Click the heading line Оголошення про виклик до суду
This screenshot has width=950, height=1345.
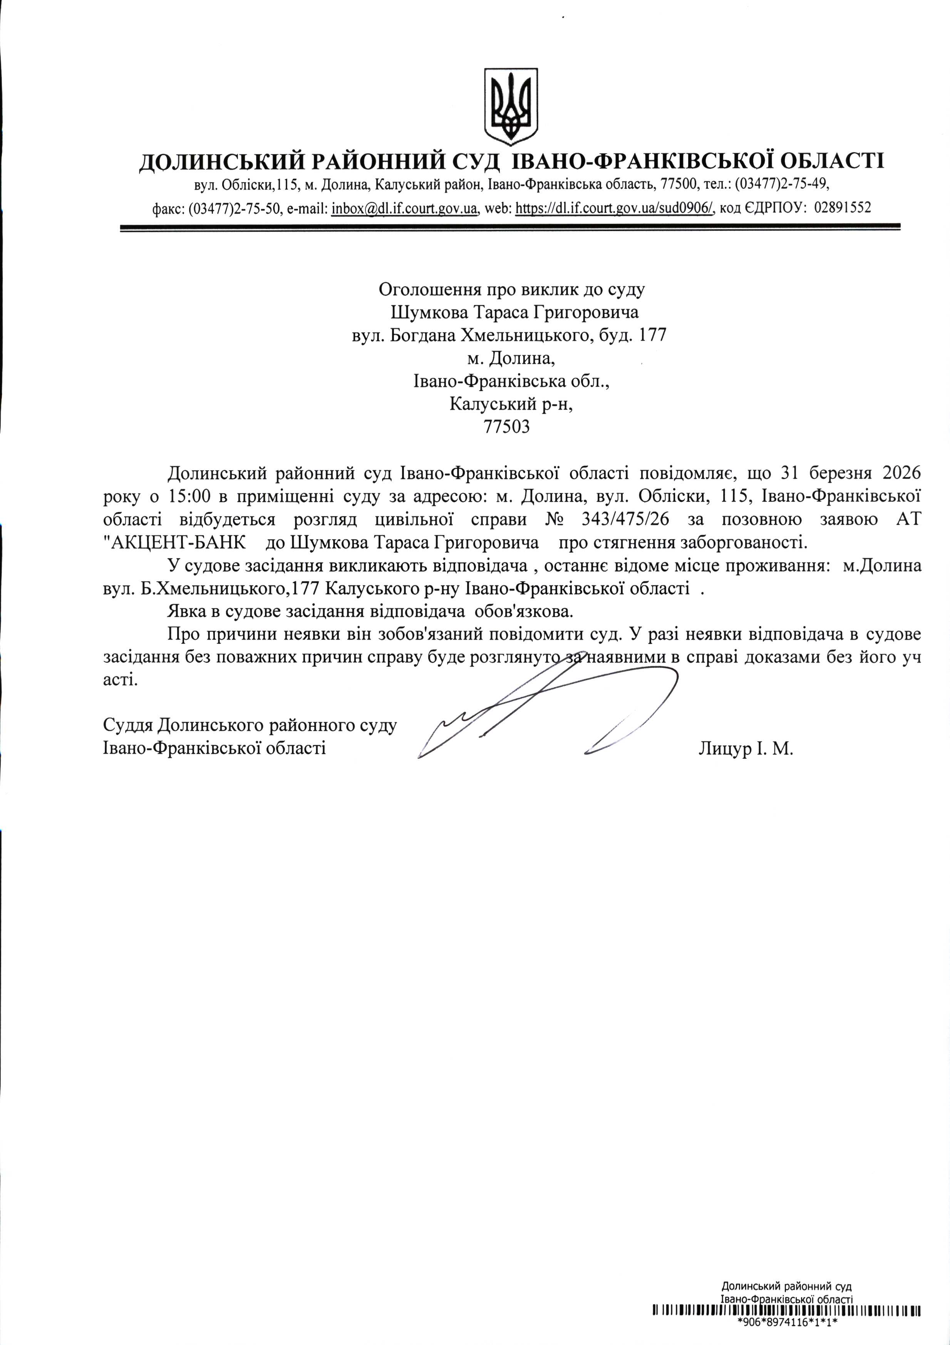click(511, 289)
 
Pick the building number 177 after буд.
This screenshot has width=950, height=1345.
click(651, 335)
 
